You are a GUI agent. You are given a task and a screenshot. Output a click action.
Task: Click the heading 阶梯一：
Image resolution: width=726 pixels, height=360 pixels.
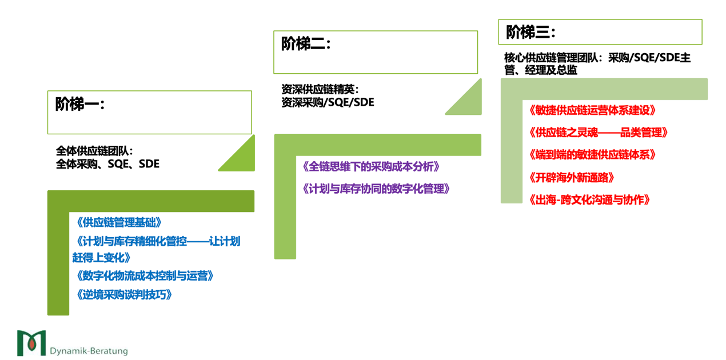(80, 104)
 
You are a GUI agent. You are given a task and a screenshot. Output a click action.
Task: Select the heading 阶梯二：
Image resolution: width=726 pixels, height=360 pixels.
(306, 44)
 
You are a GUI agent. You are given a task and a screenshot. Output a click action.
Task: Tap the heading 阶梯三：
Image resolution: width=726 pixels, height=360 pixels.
(530, 33)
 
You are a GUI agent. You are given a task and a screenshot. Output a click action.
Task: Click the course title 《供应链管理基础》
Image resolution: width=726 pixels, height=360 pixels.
(119, 222)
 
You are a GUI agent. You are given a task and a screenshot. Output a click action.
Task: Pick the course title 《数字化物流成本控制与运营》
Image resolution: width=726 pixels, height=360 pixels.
(145, 276)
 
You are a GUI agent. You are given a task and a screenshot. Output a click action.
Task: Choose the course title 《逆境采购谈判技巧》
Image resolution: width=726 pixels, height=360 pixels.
(123, 295)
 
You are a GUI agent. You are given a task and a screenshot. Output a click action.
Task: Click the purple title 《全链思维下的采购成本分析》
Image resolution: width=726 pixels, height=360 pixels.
(371, 167)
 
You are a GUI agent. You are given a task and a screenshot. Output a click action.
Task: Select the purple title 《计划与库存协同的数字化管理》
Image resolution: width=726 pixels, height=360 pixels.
(376, 189)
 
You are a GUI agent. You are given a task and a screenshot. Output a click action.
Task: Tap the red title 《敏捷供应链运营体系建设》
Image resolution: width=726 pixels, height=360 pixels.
(592, 110)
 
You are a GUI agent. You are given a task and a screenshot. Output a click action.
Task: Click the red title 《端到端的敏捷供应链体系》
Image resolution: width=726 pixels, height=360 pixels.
(592, 155)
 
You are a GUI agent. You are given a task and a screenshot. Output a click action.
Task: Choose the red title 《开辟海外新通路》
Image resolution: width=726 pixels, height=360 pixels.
(572, 178)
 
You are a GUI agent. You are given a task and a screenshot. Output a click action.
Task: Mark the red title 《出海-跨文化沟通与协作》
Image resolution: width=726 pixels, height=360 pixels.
(589, 200)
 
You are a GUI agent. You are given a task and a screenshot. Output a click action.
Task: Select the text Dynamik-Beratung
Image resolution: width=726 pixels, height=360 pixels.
(89, 350)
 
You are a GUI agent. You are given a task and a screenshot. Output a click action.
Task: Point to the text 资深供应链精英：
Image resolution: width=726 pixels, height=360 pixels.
(320, 90)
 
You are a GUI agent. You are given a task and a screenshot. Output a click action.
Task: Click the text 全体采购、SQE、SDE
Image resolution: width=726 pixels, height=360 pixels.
(107, 164)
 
